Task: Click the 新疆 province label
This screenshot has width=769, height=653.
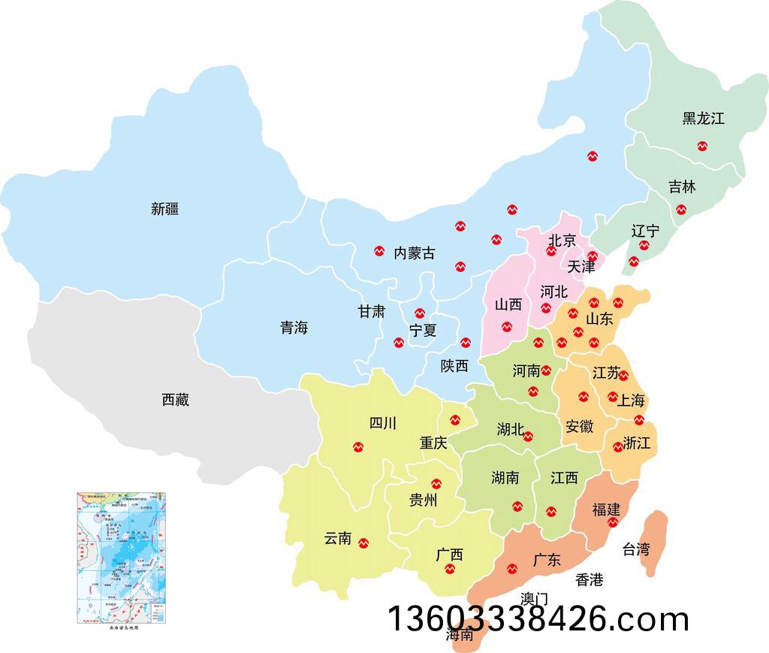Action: point(165,209)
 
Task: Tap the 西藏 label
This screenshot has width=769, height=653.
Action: point(176,400)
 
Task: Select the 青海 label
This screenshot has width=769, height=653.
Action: point(294,328)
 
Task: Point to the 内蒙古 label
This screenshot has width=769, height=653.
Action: point(415,252)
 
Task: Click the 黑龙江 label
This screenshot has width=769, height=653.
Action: point(704,118)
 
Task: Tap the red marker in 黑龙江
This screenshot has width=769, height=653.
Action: point(702,146)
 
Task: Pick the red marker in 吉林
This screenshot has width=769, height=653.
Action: point(680,210)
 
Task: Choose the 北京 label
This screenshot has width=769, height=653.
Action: point(562,240)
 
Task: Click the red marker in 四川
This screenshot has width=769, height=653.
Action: point(358,447)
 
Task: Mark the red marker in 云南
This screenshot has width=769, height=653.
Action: point(364,543)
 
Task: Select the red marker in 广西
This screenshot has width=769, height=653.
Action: point(449,569)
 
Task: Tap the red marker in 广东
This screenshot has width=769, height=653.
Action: point(512,569)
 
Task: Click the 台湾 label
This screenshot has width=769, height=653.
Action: point(636,549)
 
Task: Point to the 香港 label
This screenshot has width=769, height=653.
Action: point(590,579)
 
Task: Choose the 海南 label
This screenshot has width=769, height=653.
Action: point(460,634)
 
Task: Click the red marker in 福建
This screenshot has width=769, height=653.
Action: point(613,522)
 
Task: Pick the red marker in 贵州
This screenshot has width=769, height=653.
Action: point(436,483)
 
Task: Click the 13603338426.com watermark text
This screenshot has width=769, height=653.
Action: point(538,619)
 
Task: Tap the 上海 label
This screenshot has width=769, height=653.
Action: point(631,400)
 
